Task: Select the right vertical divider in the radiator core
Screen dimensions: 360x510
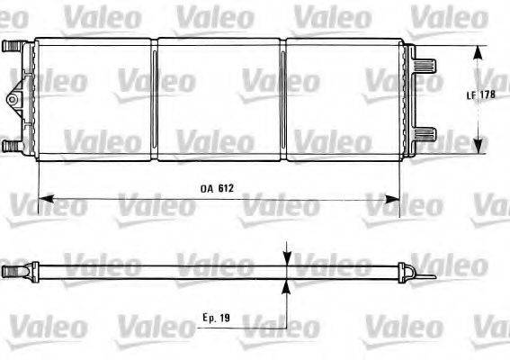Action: coord(283,99)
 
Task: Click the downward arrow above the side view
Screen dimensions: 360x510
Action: coord(286,256)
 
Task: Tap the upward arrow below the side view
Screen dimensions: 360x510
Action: coord(286,285)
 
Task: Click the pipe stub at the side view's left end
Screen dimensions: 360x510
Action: coord(11,270)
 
